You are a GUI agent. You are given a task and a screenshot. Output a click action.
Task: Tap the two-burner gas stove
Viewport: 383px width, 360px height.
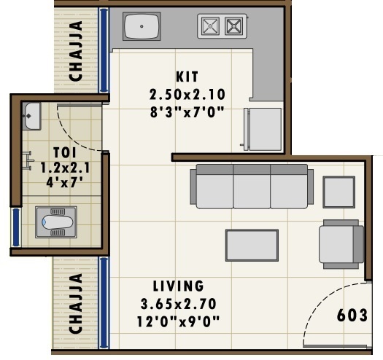tap(222, 27)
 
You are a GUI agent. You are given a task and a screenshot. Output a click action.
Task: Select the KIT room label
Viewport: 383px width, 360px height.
tap(187, 76)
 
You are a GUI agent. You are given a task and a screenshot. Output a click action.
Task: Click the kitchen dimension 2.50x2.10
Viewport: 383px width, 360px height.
tap(186, 94)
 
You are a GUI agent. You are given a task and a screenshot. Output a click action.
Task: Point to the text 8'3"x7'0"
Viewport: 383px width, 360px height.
tap(186, 111)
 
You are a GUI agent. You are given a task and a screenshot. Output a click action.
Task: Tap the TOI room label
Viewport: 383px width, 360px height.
tap(62, 153)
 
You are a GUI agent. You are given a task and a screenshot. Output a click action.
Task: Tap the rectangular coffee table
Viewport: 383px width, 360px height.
tap(252, 245)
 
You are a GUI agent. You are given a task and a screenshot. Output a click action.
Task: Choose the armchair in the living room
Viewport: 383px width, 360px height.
tap(341, 243)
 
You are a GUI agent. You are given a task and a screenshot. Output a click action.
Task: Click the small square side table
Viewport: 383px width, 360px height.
tap(338, 192)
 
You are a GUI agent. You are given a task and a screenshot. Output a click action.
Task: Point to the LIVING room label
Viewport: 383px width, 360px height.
tap(178, 286)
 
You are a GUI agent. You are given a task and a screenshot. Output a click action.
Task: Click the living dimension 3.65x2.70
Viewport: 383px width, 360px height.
tap(178, 302)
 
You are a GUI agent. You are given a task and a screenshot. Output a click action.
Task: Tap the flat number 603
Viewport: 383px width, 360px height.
tap(352, 316)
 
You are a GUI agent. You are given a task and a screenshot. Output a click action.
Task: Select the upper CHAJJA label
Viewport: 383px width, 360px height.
tap(75, 50)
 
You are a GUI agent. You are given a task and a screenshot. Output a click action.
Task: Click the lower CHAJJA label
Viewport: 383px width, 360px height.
tap(75, 304)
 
